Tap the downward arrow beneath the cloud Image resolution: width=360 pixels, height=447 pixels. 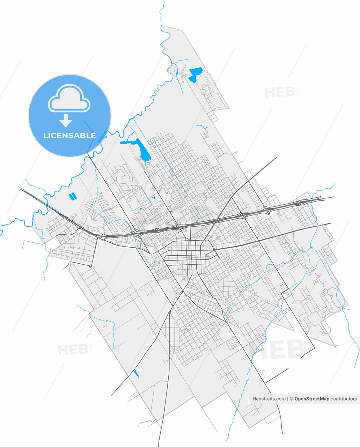[x=66, y=121]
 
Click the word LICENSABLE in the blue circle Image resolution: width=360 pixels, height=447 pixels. [x=69, y=135]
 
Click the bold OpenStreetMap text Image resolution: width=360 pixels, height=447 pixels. [x=311, y=398]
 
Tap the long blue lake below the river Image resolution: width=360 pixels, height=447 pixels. [x=143, y=150]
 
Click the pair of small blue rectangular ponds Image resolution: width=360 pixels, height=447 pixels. [x=72, y=197]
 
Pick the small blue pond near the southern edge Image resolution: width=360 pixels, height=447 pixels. [x=136, y=374]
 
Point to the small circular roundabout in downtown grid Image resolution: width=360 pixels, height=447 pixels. [x=189, y=257]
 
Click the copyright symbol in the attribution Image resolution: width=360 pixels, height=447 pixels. [x=291, y=398]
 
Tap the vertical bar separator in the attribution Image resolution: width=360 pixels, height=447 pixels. [x=287, y=398]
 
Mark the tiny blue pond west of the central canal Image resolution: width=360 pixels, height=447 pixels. [x=154, y=198]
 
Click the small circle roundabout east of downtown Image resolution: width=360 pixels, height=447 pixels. [x=218, y=238]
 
